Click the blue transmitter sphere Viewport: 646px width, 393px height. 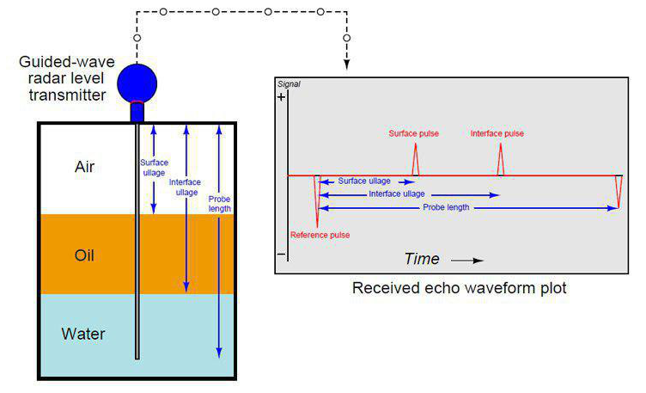tap(137, 82)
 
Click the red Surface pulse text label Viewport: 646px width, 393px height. tap(416, 134)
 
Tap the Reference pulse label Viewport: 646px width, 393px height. tap(320, 235)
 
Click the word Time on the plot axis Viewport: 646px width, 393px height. tap(422, 259)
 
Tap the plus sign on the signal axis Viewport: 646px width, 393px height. tap(281, 99)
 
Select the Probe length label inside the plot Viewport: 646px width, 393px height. tap(446, 208)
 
